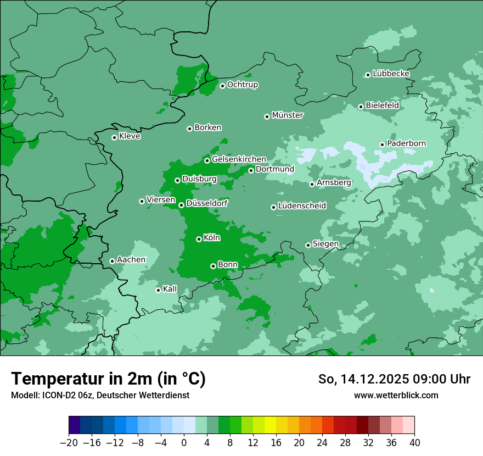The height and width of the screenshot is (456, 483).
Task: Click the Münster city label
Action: click(288, 115)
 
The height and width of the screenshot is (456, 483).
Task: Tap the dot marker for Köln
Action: click(199, 239)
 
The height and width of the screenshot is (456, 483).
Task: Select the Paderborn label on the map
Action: click(406, 143)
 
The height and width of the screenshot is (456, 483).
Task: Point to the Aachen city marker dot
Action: click(112, 261)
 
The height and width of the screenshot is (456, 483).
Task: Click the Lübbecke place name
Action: click(391, 74)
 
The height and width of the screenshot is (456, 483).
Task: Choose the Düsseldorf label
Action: click(207, 203)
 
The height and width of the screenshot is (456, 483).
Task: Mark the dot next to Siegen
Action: click(308, 245)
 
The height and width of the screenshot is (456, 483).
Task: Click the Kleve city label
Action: click(130, 136)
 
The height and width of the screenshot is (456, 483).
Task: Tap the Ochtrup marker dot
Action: click(222, 86)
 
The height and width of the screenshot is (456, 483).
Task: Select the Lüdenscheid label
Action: click(302, 206)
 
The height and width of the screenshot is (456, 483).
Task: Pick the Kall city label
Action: click(170, 289)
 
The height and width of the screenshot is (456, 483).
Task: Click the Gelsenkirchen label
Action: click(239, 159)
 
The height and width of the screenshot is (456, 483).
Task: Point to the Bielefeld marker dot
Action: click(361, 107)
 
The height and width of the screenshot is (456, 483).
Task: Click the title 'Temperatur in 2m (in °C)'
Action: click(109, 379)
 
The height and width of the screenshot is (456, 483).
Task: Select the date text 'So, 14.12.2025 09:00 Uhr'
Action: click(394, 380)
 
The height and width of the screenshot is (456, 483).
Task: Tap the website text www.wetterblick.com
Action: click(396, 395)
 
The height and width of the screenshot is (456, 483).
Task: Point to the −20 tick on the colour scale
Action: click(69, 443)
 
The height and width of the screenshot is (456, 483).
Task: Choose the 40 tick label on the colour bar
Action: click(414, 443)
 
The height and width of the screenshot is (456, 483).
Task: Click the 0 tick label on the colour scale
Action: click(184, 443)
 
